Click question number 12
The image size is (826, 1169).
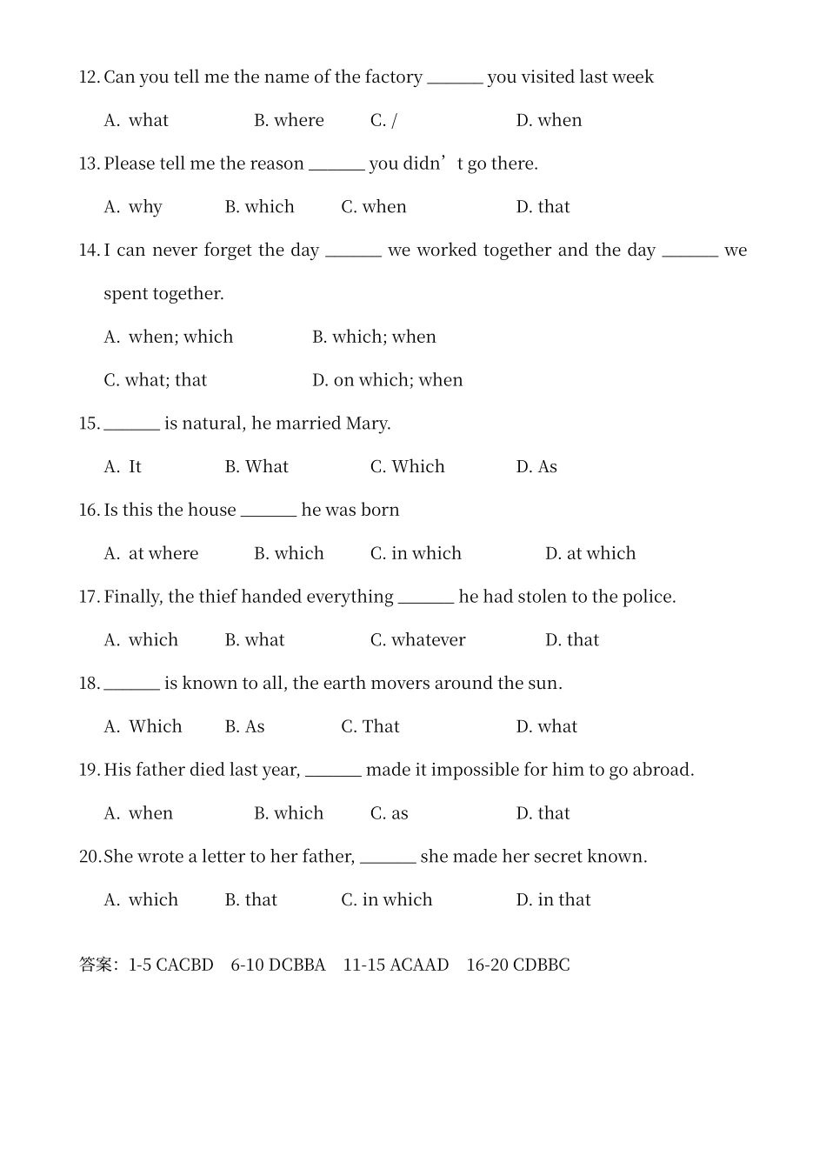pos(89,77)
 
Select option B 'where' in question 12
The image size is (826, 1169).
pos(289,121)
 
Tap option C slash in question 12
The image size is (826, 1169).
pos(383,121)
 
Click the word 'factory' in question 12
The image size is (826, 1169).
pos(394,77)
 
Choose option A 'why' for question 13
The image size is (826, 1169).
pos(133,207)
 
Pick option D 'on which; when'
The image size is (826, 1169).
pos(387,380)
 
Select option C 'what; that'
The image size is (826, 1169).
pos(155,380)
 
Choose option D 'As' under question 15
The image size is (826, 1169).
pos(536,467)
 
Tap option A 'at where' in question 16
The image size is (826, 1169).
pos(151,554)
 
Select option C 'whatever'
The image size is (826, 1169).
pos(417,640)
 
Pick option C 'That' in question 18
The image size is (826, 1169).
pos(370,727)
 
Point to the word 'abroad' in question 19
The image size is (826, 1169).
pos(663,770)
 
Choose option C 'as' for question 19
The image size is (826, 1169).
pos(390,813)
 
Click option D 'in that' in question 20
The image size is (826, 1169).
pos(553,900)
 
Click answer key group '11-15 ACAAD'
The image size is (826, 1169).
pos(396,965)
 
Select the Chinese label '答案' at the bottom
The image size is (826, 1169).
pos(96,965)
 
